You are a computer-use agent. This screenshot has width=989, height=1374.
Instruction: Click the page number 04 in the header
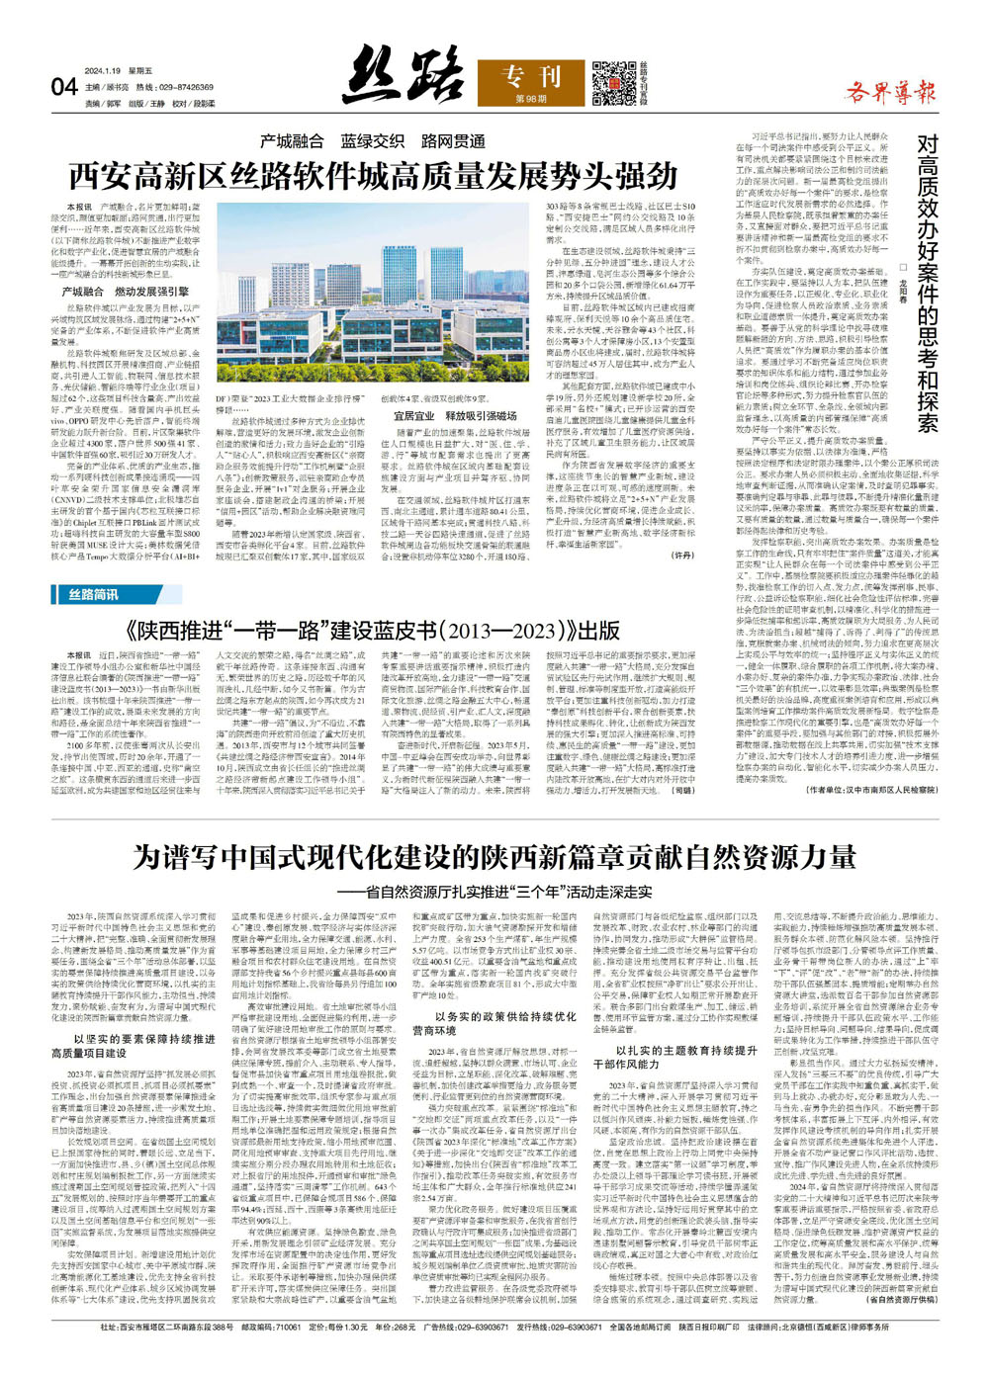point(63,87)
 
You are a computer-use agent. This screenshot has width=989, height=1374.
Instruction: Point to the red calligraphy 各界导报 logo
point(890,94)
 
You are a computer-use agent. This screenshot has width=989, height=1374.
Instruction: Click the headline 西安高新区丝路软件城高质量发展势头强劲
point(358,176)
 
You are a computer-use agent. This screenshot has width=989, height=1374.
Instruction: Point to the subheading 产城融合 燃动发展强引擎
point(125,293)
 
